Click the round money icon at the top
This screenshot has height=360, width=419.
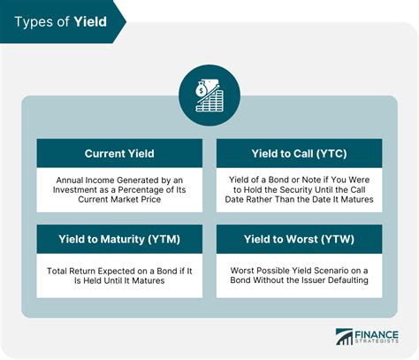point(209,95)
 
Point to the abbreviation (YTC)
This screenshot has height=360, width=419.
point(332,154)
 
